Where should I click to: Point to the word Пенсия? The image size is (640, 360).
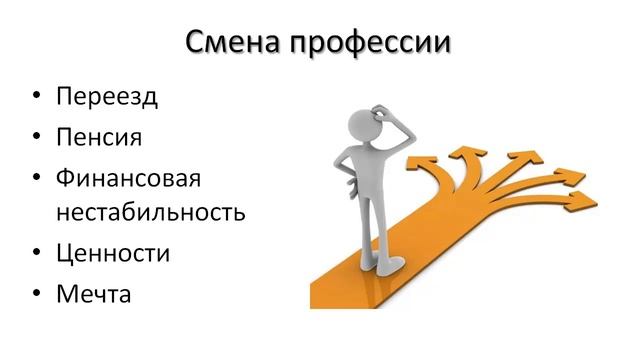tap(99, 137)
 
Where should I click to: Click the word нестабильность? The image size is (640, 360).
tap(151, 213)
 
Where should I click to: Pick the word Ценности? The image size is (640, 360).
tap(113, 253)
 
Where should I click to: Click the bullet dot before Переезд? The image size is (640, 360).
tap(35, 99)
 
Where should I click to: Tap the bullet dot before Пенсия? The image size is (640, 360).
tap(35, 138)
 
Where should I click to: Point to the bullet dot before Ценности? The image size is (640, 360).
tap(35, 254)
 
